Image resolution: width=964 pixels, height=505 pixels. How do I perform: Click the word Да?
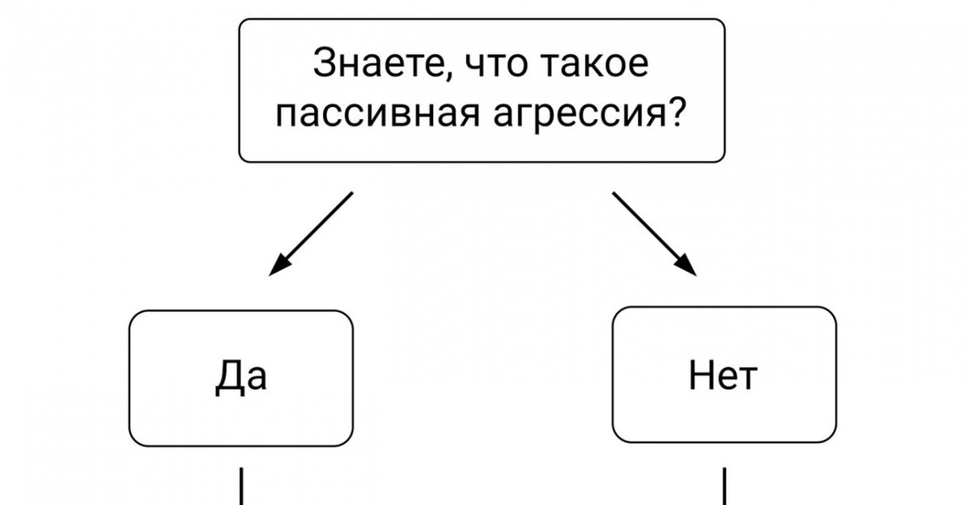pyautogui.click(x=241, y=376)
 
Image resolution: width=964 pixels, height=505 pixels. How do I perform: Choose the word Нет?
pyautogui.click(x=723, y=376)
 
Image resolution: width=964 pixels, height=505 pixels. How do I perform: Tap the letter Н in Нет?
pyautogui.click(x=701, y=376)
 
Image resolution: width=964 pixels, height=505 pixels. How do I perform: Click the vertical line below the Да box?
pyautogui.click(x=240, y=487)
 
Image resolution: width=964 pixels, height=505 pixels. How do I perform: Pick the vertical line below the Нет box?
pyautogui.click(x=725, y=487)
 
